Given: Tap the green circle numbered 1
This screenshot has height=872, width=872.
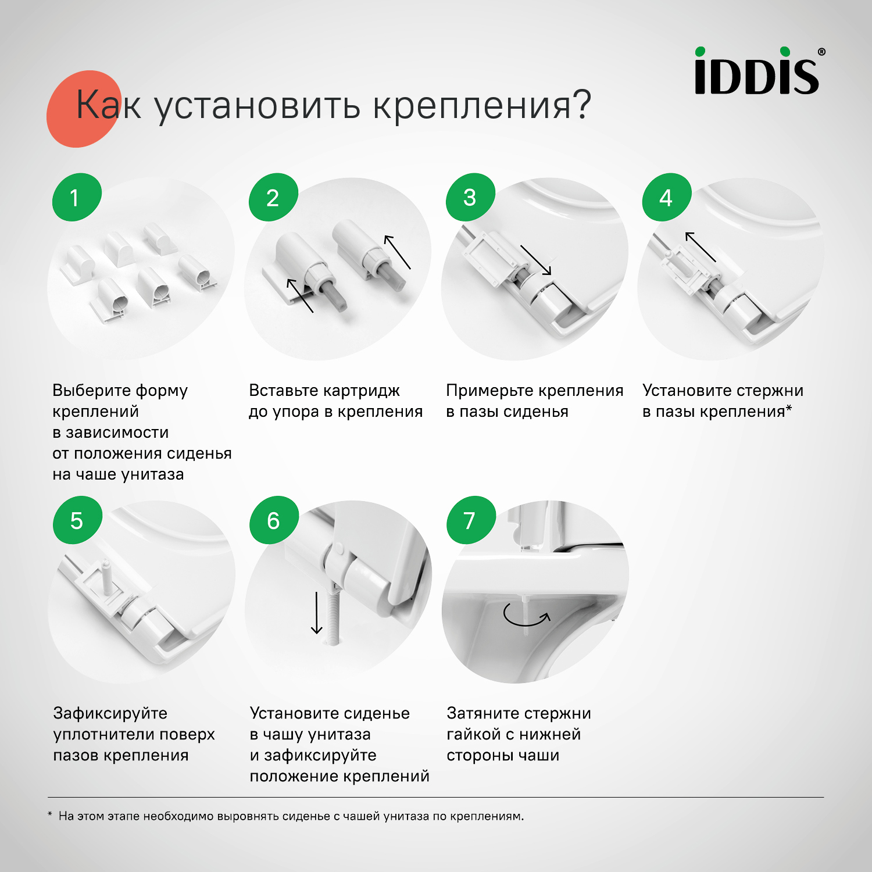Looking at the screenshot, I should click(76, 197).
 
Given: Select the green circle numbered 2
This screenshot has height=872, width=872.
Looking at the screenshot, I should click(273, 197).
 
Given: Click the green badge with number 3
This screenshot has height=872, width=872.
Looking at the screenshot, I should click(470, 197).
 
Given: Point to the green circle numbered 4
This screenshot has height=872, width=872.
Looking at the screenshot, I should click(666, 197).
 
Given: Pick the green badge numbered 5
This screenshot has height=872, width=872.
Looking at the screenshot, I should click(77, 520).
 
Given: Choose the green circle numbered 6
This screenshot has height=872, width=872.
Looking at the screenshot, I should click(274, 520).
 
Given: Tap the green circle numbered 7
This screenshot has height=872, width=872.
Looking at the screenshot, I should click(470, 520).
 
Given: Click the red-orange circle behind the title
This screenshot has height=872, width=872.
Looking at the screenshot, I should click(81, 109).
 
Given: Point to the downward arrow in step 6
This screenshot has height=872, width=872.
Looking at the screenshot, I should click(316, 613).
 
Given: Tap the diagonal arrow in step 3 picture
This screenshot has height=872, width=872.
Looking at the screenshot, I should click(535, 259).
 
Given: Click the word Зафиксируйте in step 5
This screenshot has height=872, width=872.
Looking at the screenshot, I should click(110, 713).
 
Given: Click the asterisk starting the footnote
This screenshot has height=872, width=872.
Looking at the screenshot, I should click(50, 815).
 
